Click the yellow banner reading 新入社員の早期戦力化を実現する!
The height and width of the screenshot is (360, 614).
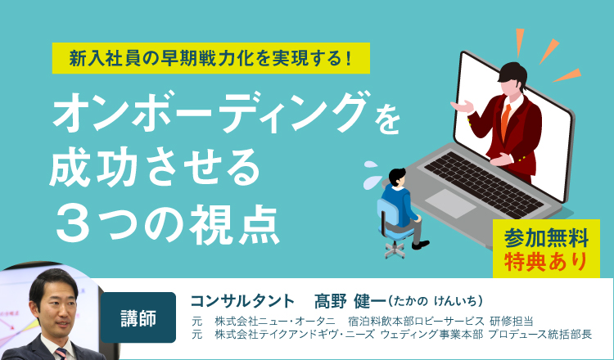pyautogui.click(x=211, y=58)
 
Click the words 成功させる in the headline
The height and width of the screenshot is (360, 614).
pyautogui.click(x=155, y=169)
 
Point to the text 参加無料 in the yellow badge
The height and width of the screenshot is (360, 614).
pyautogui.click(x=546, y=237)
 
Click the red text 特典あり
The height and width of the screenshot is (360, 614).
pyautogui.click(x=546, y=261)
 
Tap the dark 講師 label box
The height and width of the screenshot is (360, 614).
pyautogui.click(x=138, y=317)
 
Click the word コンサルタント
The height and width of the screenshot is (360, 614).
pyautogui.click(x=242, y=301)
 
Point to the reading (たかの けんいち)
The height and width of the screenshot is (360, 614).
pyautogui.click(x=436, y=301)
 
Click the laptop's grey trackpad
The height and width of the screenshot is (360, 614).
pyautogui.click(x=450, y=204)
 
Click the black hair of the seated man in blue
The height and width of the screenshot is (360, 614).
pyautogui.click(x=397, y=176)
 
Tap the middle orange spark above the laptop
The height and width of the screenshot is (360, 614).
pyautogui.click(x=549, y=51)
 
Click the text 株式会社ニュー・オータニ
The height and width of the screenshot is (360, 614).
pyautogui.click(x=275, y=322)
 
